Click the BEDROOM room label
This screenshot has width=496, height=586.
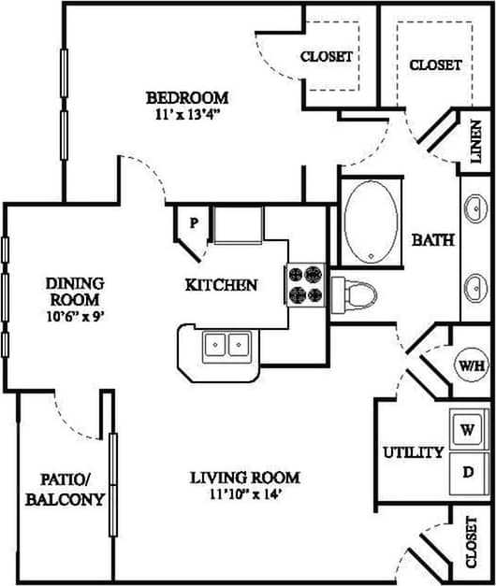[x=187, y=97]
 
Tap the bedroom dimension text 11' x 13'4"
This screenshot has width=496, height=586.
[x=187, y=115]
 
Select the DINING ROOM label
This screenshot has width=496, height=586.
[x=74, y=291]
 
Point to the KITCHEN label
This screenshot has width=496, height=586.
[x=221, y=284]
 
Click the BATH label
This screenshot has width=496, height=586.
[x=433, y=239]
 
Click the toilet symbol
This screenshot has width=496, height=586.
[x=355, y=293]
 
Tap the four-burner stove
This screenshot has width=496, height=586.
[x=305, y=286]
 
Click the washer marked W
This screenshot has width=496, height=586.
[x=466, y=431]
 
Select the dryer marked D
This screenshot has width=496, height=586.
[x=466, y=471]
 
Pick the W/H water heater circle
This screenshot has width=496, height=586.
[x=471, y=364]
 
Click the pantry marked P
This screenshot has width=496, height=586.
[x=193, y=224]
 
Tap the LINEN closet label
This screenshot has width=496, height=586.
[x=474, y=141]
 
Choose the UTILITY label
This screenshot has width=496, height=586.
[x=413, y=452]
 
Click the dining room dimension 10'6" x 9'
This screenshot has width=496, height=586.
[x=74, y=316]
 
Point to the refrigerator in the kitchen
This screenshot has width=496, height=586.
[x=238, y=226]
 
